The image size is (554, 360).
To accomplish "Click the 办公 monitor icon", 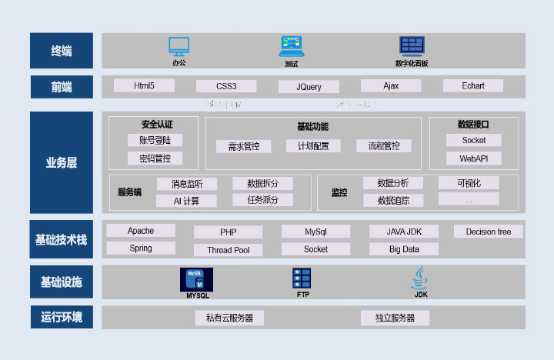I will point(179,46).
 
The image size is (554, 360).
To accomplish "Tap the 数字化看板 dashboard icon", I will point(412,46).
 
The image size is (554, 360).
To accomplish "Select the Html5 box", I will point(144,85).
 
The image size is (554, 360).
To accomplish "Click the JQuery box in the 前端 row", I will point(309,87).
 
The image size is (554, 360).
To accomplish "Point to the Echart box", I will point(473,85).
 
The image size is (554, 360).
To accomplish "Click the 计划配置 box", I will point(308,146).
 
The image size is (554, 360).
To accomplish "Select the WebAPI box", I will point(474,158).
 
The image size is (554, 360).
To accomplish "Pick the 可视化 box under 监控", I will point(469,183).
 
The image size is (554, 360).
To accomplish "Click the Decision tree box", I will point(488,232).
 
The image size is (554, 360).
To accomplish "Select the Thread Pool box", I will point(228,250).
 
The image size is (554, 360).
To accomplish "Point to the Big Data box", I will point(404,249).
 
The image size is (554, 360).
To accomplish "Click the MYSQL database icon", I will point(197,279).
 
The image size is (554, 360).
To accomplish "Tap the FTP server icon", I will point(302,278).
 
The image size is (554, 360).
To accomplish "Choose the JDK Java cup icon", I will point(420,278).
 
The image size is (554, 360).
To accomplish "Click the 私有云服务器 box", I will point(229,318).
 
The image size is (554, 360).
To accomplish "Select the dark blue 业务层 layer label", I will point(61,162).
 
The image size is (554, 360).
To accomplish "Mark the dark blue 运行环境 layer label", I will point(61,317).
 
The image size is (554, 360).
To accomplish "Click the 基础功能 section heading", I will point(312,126).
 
